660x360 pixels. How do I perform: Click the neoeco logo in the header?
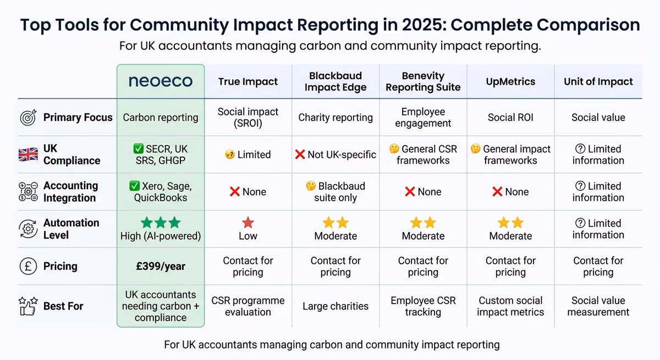click(160, 81)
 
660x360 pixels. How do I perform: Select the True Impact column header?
click(248, 81)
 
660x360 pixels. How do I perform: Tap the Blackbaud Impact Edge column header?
click(335, 81)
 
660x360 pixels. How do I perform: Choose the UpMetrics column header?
click(510, 81)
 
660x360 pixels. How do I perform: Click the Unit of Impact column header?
click(598, 81)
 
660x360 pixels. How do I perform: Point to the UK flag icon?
click(28, 154)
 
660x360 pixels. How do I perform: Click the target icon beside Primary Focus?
click(28, 117)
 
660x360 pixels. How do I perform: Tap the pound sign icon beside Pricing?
click(28, 266)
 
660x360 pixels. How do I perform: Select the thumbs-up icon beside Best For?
click(28, 306)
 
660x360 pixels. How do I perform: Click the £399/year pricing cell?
click(160, 266)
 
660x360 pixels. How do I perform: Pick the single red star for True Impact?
click(248, 223)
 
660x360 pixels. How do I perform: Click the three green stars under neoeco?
click(160, 223)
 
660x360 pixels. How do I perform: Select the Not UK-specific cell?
click(335, 154)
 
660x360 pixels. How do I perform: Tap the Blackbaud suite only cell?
click(335, 192)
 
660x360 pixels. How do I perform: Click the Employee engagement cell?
click(423, 117)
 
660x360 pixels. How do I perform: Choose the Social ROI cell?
click(510, 117)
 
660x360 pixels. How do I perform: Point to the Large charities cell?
click(335, 306)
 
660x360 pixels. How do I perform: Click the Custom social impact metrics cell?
click(510, 306)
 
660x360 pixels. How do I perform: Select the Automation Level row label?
click(71, 229)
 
